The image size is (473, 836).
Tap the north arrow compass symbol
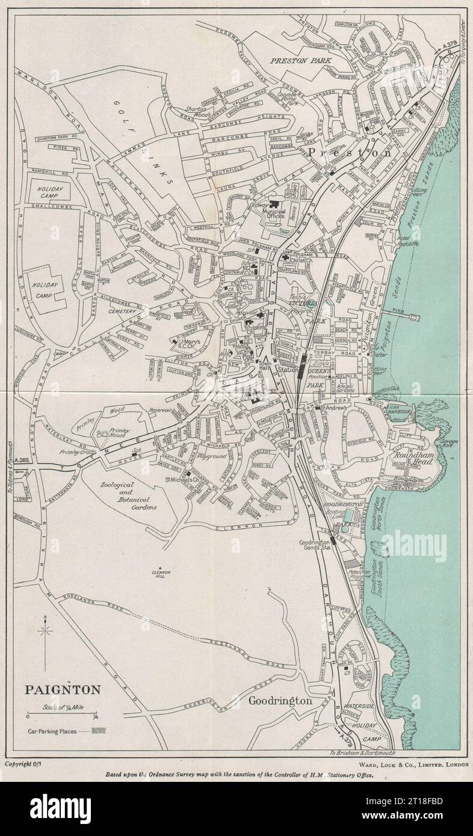[45, 631]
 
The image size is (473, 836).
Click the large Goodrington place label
[280, 701]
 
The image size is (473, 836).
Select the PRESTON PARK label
[297, 61]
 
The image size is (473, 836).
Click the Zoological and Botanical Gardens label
[134, 496]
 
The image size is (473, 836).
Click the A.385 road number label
[24, 460]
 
